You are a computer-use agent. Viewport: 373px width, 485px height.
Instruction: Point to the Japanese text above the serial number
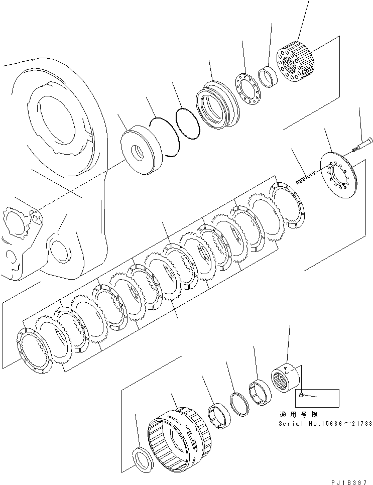(299, 415)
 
